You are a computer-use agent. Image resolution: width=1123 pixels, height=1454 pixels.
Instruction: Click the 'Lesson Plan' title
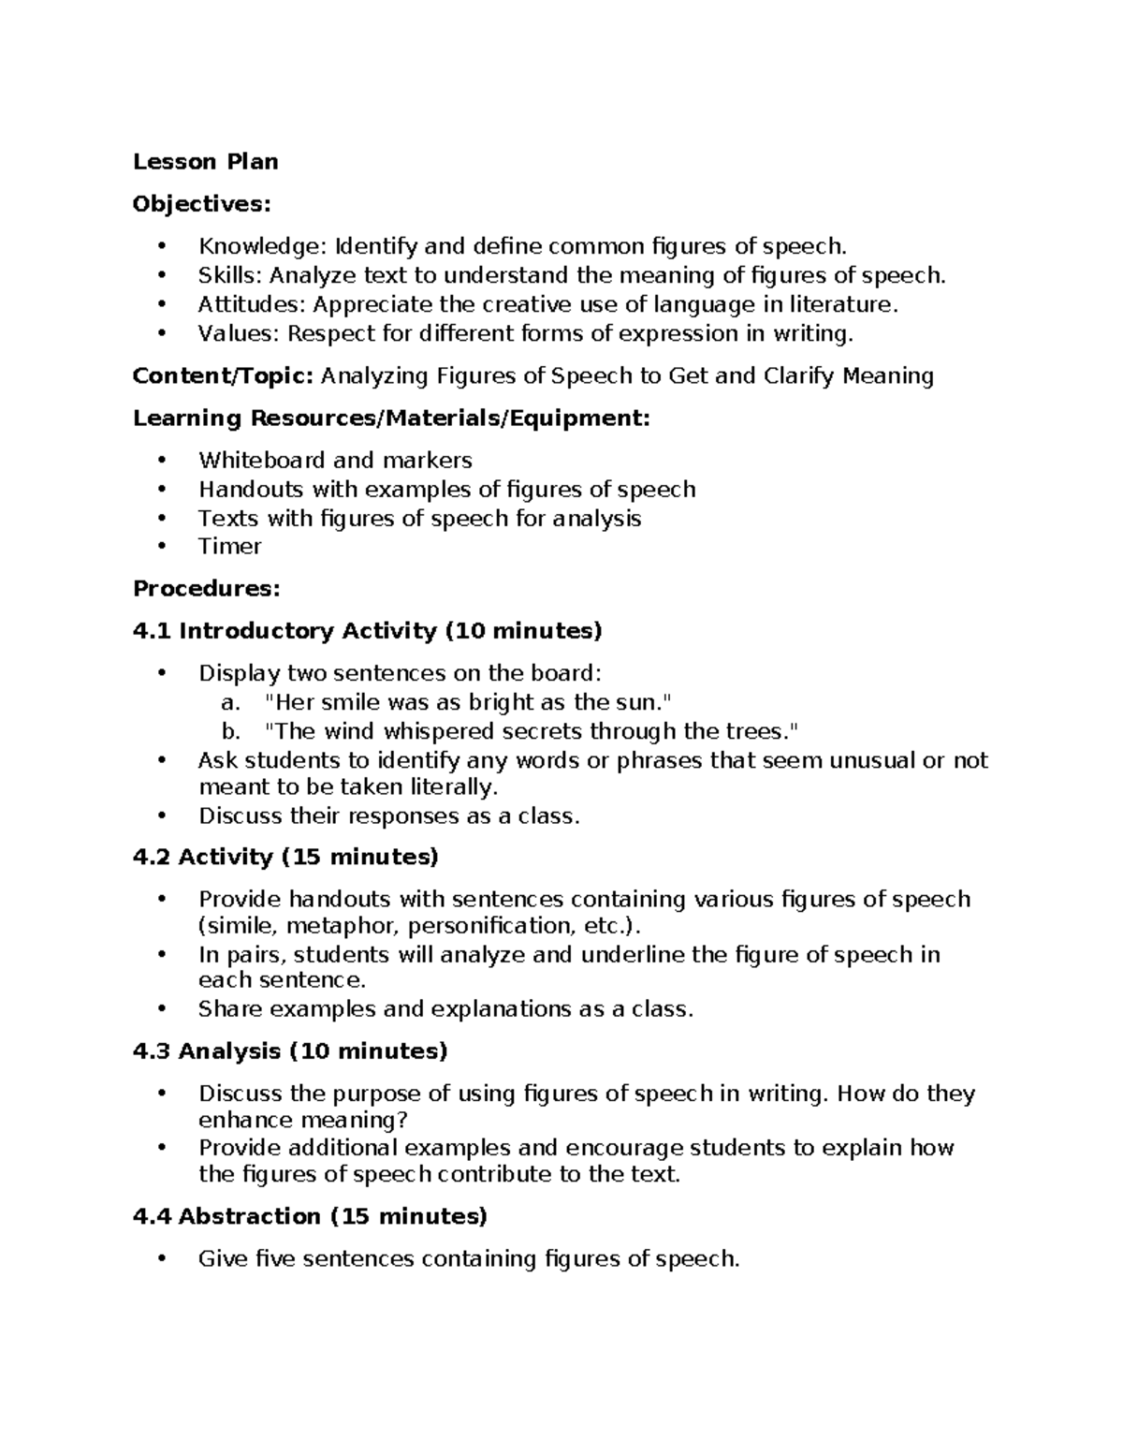pos(205,162)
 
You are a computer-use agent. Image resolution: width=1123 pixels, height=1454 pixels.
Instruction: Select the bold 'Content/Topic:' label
pos(223,376)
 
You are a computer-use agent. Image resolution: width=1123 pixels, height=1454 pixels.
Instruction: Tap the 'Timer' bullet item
pos(229,546)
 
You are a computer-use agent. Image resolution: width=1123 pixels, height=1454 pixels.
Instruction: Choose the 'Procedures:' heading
pos(206,589)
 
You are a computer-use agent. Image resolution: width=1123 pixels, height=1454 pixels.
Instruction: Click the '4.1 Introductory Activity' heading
pos(284,631)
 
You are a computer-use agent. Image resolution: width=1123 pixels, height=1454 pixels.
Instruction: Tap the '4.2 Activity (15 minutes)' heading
pos(285,857)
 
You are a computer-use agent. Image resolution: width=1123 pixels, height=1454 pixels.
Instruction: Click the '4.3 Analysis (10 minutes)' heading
pos(290,1051)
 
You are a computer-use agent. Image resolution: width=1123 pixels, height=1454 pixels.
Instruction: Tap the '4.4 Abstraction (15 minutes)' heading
pos(310,1216)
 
